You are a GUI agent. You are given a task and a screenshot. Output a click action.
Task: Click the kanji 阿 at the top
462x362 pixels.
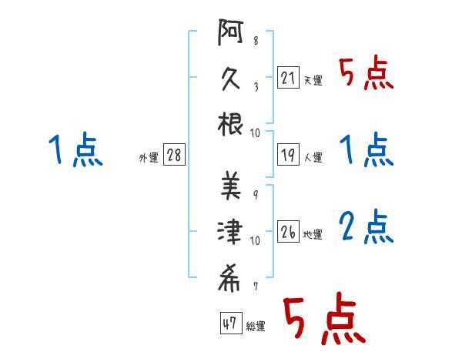tap(230, 32)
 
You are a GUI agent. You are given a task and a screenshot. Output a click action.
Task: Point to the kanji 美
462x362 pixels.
tap(231, 186)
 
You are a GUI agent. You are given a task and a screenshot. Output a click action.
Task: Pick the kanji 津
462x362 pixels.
tap(230, 231)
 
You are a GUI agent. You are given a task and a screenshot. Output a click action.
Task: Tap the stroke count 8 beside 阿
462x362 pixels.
tap(256, 40)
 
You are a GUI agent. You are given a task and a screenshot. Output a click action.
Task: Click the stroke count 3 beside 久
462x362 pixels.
tap(256, 87)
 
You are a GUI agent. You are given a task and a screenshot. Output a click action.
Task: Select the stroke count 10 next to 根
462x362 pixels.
tap(255, 133)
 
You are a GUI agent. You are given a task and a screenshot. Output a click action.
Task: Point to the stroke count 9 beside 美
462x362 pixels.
tap(256, 195)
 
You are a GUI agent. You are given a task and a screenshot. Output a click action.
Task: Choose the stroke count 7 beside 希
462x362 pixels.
tap(256, 287)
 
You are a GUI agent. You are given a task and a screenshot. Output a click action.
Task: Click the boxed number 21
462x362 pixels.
tap(288, 77)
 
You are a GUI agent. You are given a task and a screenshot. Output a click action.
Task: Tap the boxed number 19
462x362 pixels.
tap(288, 155)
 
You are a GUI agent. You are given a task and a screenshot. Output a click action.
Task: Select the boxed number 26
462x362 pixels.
tap(288, 231)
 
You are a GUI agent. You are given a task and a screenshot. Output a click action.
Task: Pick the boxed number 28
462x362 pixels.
tap(174, 155)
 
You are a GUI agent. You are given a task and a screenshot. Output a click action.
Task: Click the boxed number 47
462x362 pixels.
tap(231, 323)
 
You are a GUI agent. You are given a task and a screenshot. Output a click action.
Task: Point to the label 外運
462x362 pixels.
tap(149, 157)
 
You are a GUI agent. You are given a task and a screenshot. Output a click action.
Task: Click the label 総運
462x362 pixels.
tap(256, 327)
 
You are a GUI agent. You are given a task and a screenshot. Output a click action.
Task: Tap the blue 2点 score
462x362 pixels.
tap(367, 227)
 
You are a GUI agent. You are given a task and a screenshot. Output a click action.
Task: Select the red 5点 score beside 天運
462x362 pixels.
tap(367, 72)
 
